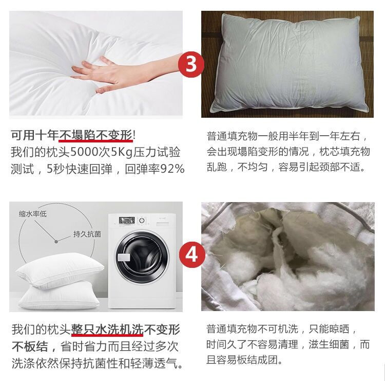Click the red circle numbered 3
click(x=191, y=64)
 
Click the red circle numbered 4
click(x=192, y=255)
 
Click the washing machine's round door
click(x=142, y=257)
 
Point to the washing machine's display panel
click(x=127, y=220)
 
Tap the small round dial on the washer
click(x=142, y=221)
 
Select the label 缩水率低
click(x=33, y=214)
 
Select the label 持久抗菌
click(x=87, y=234)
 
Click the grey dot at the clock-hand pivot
click(x=56, y=242)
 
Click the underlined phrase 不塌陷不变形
click(x=95, y=135)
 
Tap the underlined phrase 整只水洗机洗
click(x=107, y=330)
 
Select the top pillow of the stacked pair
click(x=60, y=270)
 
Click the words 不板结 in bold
click(x=30, y=347)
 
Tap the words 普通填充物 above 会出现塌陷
click(x=232, y=136)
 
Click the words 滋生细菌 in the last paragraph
click(x=329, y=344)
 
